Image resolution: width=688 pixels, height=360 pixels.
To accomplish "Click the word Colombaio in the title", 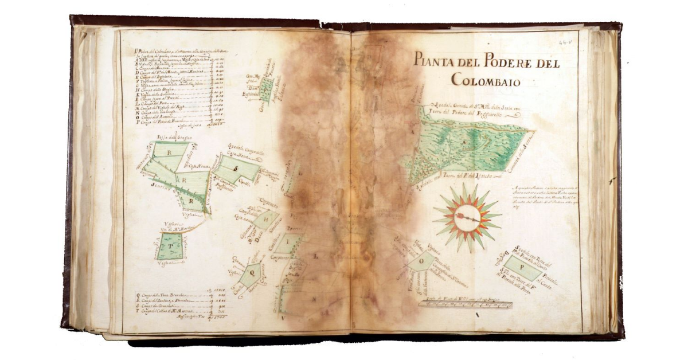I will [486, 80].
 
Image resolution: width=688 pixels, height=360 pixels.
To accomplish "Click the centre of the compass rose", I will [467, 217].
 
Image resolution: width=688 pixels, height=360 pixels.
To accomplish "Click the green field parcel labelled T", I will [170, 246].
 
